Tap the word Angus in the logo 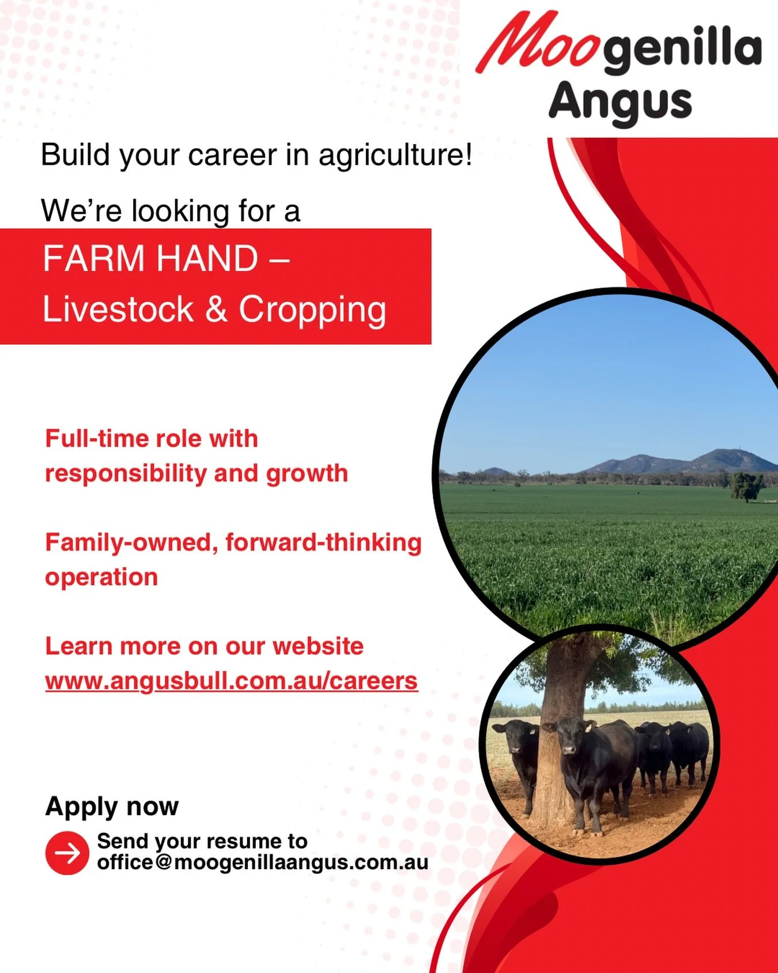(x=620, y=102)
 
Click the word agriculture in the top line (x=395, y=156)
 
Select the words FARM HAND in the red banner (x=150, y=258)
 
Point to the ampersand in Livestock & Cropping (x=216, y=310)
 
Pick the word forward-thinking (x=323, y=543)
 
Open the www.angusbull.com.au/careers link (x=231, y=681)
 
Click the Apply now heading (x=112, y=806)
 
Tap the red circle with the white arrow (x=67, y=853)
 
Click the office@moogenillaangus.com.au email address (x=263, y=863)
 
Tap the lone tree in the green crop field (x=747, y=485)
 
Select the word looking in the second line (x=181, y=212)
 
